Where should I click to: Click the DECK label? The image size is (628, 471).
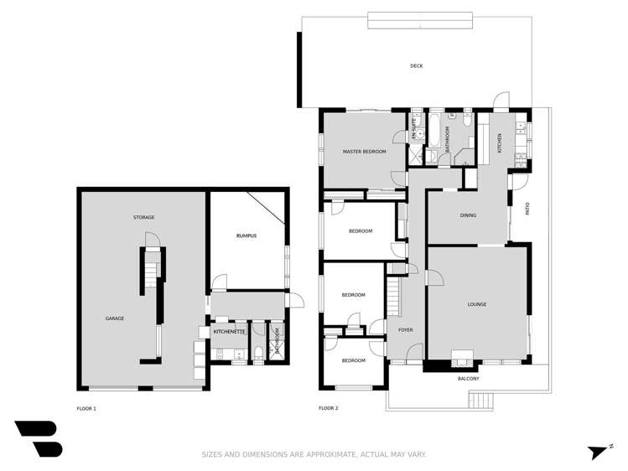tap(416, 66)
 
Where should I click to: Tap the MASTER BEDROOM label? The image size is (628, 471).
tap(364, 152)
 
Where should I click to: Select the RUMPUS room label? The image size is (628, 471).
tap(246, 236)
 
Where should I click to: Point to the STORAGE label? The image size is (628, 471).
tap(143, 218)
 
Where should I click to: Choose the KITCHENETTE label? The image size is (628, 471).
tap(229, 333)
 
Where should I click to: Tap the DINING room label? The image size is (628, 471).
tap(468, 215)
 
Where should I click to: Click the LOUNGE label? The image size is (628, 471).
tap(477, 304)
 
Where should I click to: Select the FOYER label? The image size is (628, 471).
tap(406, 330)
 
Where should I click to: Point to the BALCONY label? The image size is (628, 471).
tap(469, 379)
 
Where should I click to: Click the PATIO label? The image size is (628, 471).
tap(527, 209)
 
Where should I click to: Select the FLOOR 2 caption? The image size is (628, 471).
tap(328, 409)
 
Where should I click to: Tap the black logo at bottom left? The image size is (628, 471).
tap(38, 438)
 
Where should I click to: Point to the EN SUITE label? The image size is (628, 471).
tap(413, 130)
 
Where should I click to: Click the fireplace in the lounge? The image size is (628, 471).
tap(460, 355)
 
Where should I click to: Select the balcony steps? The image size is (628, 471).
tap(481, 400)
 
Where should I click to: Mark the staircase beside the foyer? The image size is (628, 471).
tap(392, 298)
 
